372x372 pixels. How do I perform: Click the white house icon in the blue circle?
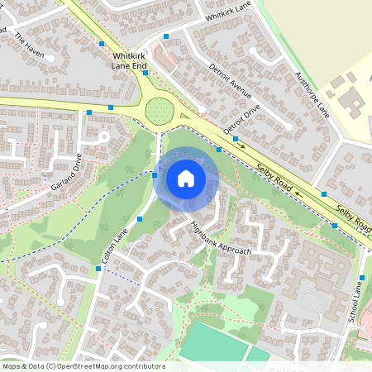[186, 178]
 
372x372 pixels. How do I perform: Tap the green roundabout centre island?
[158, 110]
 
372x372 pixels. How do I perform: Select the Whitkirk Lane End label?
[129, 60]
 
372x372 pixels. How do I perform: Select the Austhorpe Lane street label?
[312, 93]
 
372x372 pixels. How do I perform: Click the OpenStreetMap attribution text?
[83, 366]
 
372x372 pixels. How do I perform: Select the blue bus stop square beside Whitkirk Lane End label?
[145, 73]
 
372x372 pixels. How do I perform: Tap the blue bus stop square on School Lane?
[363, 278]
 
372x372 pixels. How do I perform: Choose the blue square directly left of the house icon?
[155, 174]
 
